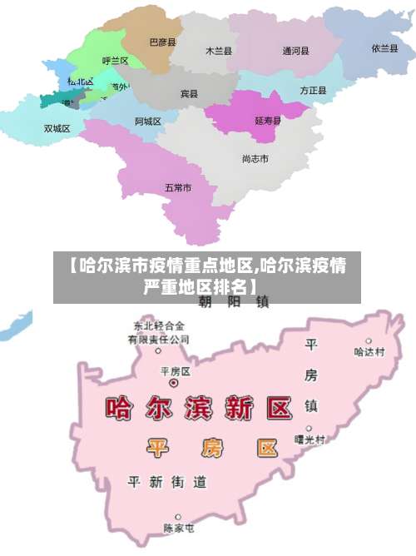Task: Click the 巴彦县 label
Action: pos(163,41)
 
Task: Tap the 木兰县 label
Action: pos(219,51)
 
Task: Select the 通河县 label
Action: pos(295,51)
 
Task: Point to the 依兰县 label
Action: pos(385,47)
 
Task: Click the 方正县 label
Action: pos(313,90)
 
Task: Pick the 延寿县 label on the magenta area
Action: pos(268,121)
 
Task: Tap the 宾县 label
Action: pos(190,94)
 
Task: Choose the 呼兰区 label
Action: pos(115,61)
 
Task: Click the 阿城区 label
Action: pos(148,122)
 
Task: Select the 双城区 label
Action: pos(57,128)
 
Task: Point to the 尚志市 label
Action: pos(255,158)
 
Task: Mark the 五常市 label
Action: pos(178,188)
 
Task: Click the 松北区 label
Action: pos(81,82)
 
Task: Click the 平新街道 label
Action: pos(166,482)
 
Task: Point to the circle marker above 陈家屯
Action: pos(178,517)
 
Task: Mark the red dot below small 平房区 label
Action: pos(174,384)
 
